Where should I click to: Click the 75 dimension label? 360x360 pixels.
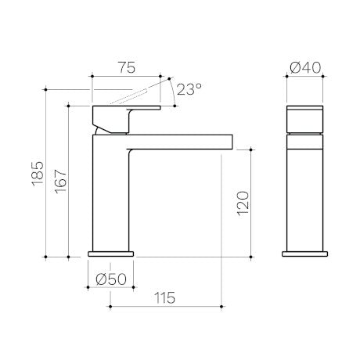click(x=128, y=67)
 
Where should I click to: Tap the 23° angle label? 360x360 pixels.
click(x=189, y=89)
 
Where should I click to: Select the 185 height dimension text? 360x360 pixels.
click(x=38, y=174)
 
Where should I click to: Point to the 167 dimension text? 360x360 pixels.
click(x=60, y=182)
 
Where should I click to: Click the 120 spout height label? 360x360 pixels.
click(x=243, y=203)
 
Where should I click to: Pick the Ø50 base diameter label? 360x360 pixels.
click(x=111, y=279)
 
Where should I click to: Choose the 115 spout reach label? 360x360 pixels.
click(x=164, y=298)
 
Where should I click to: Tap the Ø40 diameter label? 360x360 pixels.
click(x=305, y=68)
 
